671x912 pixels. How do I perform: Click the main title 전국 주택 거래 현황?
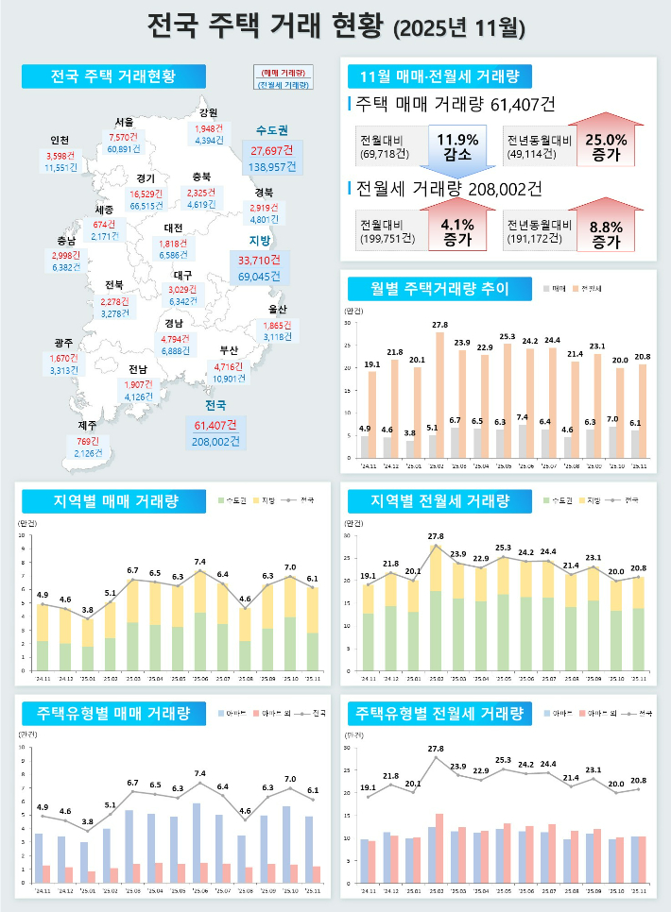click(x=335, y=26)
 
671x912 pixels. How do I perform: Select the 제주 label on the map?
click(x=87, y=426)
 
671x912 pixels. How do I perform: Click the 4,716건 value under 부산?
click(x=230, y=366)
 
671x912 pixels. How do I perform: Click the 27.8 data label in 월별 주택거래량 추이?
click(x=439, y=326)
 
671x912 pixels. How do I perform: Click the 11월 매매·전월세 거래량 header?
click(x=439, y=76)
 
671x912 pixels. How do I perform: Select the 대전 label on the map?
click(x=173, y=228)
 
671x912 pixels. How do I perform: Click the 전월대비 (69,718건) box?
click(x=387, y=147)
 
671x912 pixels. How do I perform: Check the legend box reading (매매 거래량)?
click(x=283, y=72)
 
